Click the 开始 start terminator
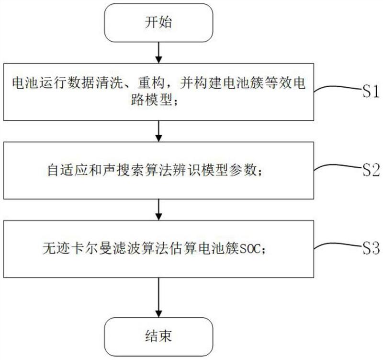tap(159, 23)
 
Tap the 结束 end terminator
tap(159, 337)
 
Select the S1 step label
tap(371, 91)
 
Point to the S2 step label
tap(371, 170)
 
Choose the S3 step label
tap(371, 248)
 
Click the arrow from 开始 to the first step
tap(159, 53)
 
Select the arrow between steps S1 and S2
tap(159, 131)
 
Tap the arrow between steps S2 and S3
tap(159, 210)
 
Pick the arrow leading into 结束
tap(159, 298)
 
